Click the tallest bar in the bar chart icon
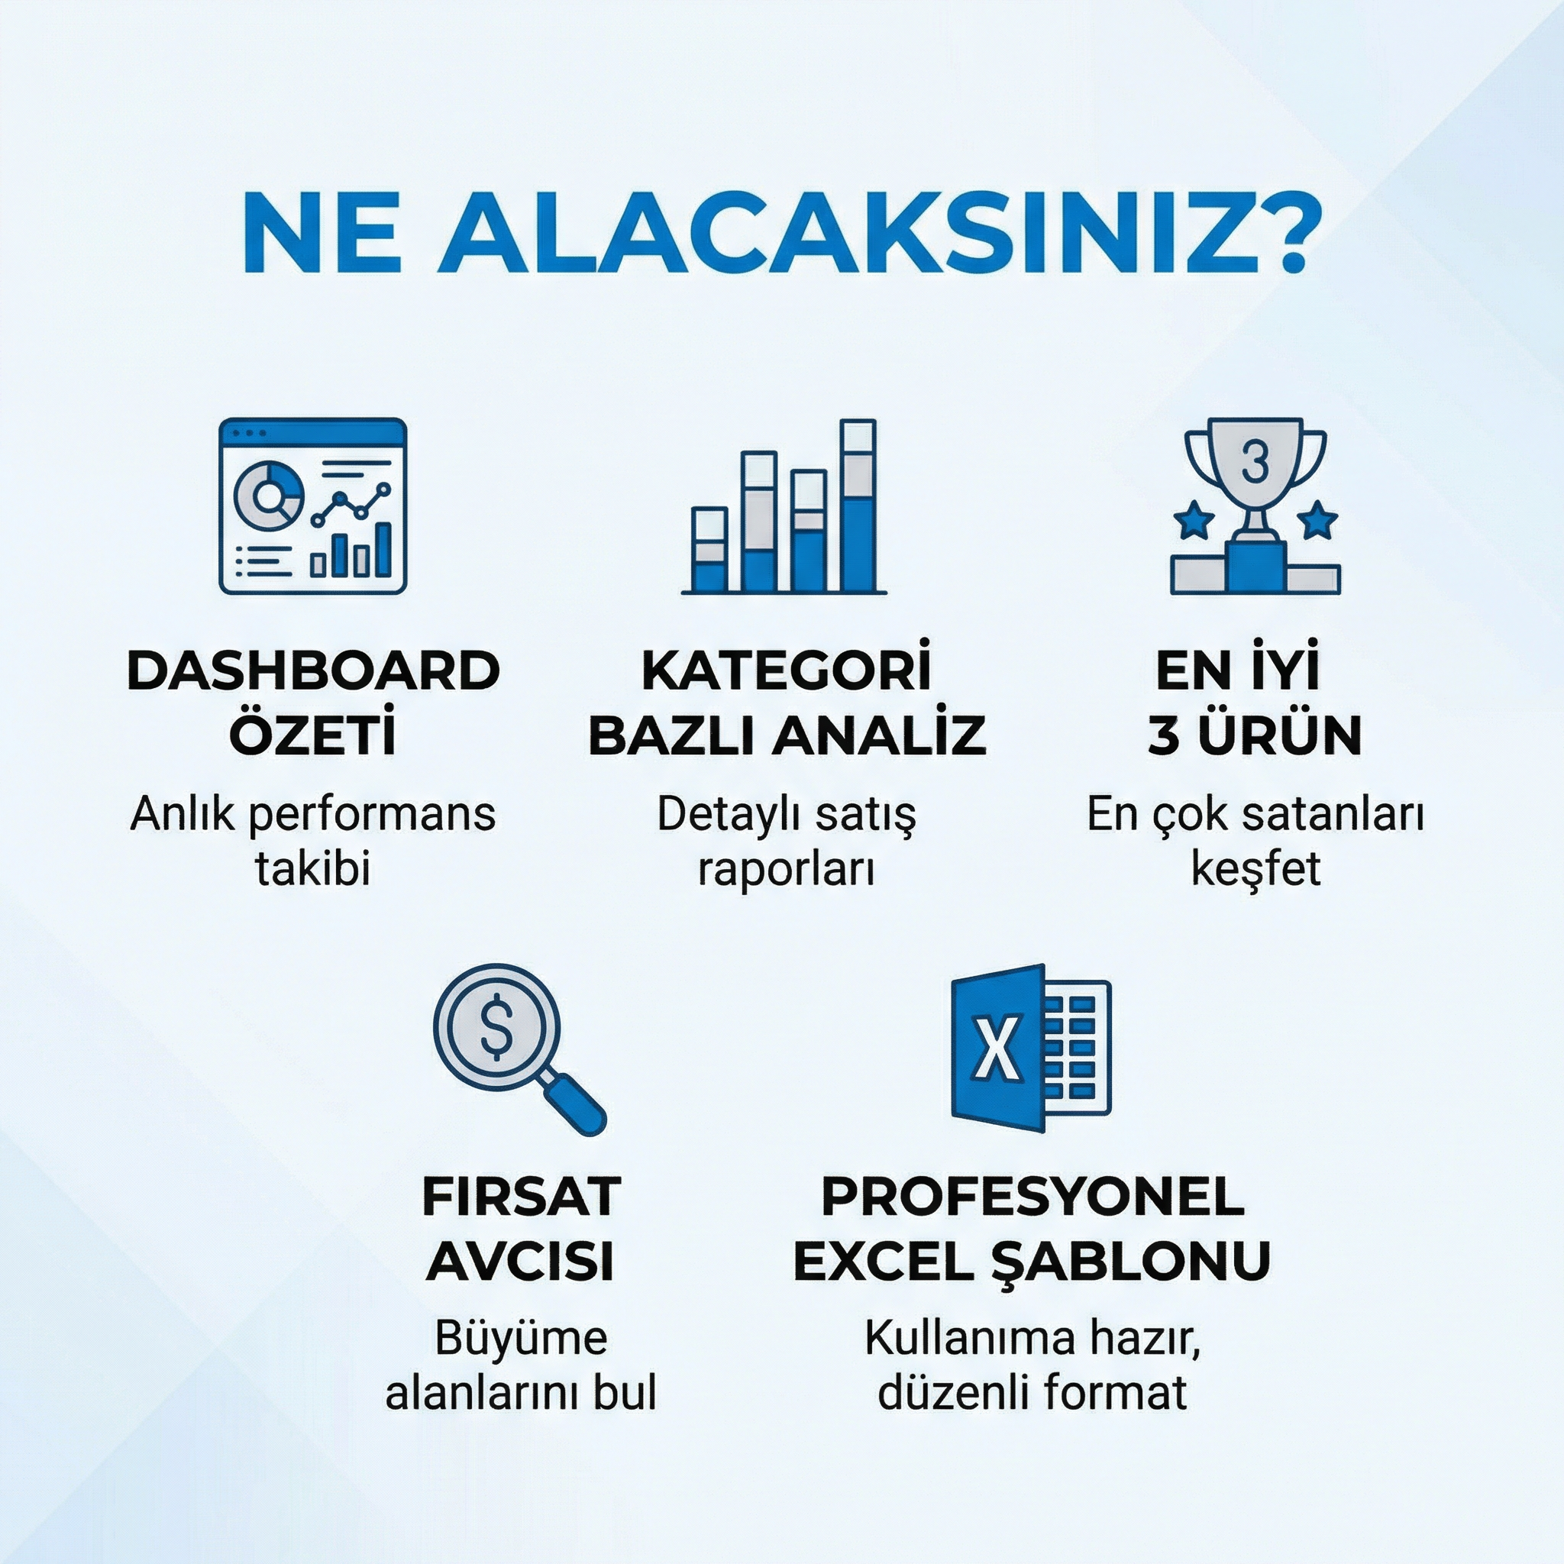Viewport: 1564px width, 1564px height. [859, 505]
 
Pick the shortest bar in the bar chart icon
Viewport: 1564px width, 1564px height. [710, 550]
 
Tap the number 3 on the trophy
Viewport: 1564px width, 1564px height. [1255, 461]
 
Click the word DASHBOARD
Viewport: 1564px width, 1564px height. [313, 671]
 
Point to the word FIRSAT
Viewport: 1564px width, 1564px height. [522, 1197]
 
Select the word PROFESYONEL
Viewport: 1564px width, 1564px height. [1033, 1197]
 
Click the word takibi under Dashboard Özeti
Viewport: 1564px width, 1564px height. [313, 868]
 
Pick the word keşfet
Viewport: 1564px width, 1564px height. [1255, 869]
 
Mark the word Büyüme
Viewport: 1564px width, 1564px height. [521, 1337]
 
